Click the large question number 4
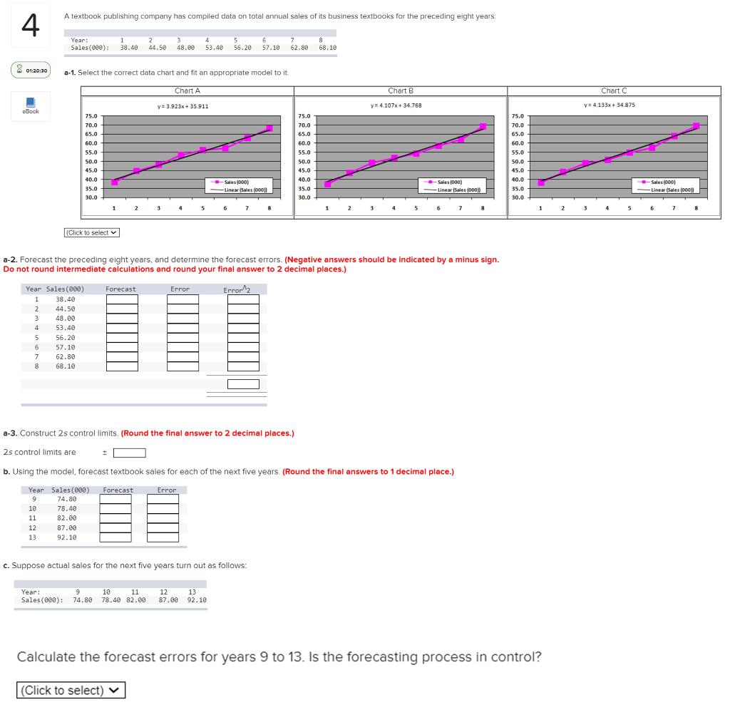pyautogui.click(x=29, y=28)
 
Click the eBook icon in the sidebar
pyautogui.click(x=31, y=104)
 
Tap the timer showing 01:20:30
pyautogui.click(x=31, y=70)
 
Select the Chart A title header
pyautogui.click(x=187, y=91)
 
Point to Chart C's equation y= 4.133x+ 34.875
pyautogui.click(x=609, y=105)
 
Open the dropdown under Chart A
pyautogui.click(x=93, y=232)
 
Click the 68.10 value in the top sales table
pyautogui.click(x=328, y=48)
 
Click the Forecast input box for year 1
pyautogui.click(x=122, y=300)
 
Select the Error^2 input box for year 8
pyautogui.click(x=243, y=366)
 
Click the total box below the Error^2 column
pyautogui.click(x=243, y=384)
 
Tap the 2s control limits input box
pyautogui.click(x=130, y=453)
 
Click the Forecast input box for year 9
pyautogui.click(x=115, y=500)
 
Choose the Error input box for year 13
pyautogui.click(x=163, y=537)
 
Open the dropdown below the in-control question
pyautogui.click(x=71, y=691)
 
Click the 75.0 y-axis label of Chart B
pyautogui.click(x=304, y=116)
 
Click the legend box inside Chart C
pyautogui.click(x=669, y=185)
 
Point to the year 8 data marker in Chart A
pyautogui.click(x=269, y=128)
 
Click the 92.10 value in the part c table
pyautogui.click(x=197, y=600)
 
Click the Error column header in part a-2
pyautogui.click(x=180, y=289)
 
